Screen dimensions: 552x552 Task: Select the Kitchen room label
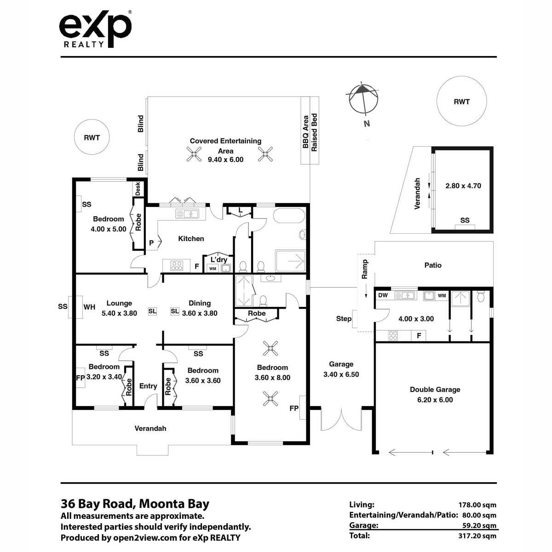click(x=191, y=239)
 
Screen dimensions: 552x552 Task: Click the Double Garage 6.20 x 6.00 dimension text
click(x=435, y=400)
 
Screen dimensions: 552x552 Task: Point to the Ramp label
click(x=364, y=269)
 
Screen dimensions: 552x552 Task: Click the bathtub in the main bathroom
click(x=289, y=215)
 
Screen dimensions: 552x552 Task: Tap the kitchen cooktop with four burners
click(x=177, y=265)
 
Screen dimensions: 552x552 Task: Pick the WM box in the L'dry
click(x=213, y=269)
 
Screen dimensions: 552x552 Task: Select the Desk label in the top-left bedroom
click(x=138, y=189)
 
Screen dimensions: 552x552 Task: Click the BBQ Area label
click(x=305, y=132)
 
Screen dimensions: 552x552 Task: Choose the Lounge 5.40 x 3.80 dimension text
click(x=119, y=313)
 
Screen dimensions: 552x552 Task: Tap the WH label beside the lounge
click(x=89, y=307)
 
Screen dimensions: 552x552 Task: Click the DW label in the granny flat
click(x=383, y=295)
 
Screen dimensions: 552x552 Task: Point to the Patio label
click(x=433, y=265)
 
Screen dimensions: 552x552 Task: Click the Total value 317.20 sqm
click(x=477, y=535)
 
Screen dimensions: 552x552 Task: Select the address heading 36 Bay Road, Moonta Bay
click(x=135, y=504)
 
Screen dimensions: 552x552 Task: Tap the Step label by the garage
click(x=344, y=319)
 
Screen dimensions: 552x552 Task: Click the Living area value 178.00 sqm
click(x=477, y=505)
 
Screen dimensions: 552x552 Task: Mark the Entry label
click(x=148, y=386)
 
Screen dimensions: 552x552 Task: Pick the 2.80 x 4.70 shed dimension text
click(x=463, y=186)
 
